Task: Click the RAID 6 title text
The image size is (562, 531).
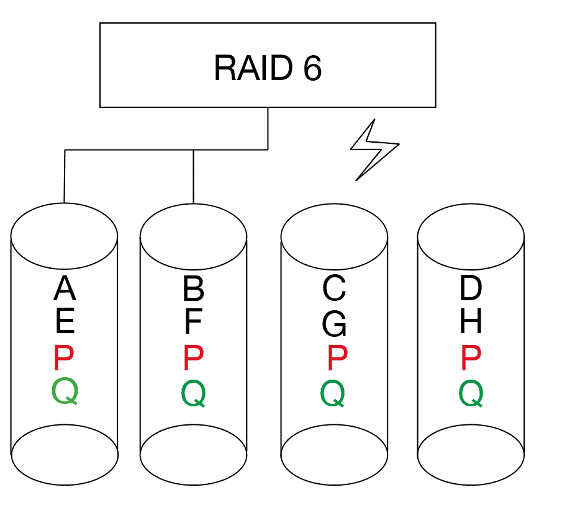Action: pyautogui.click(x=268, y=68)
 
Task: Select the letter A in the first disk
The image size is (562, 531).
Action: pyautogui.click(x=65, y=288)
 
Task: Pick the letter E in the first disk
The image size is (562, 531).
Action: pyautogui.click(x=65, y=321)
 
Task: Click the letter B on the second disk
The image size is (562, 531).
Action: pyautogui.click(x=194, y=288)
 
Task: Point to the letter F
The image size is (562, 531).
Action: pyautogui.click(x=194, y=321)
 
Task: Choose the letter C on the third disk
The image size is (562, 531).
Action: pyautogui.click(x=334, y=288)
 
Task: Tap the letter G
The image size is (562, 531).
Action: pyautogui.click(x=334, y=324)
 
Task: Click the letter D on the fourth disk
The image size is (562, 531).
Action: pyautogui.click(x=471, y=288)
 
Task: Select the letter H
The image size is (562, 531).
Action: pyautogui.click(x=471, y=321)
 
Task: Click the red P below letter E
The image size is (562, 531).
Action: pyautogui.click(x=64, y=358)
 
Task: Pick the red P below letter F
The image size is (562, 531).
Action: pyautogui.click(x=194, y=358)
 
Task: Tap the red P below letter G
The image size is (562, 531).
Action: pyautogui.click(x=338, y=358)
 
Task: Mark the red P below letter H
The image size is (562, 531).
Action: pyautogui.click(x=471, y=358)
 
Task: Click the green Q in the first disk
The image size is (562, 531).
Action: pyautogui.click(x=65, y=391)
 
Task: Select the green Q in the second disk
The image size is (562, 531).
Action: pyautogui.click(x=194, y=393)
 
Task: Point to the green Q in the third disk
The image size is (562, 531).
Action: pyautogui.click(x=333, y=393)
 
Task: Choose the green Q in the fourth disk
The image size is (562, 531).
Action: pyautogui.click(x=471, y=393)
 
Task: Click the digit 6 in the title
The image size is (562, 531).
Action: pyautogui.click(x=312, y=68)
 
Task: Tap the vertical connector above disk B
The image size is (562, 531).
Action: pyautogui.click(x=194, y=177)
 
